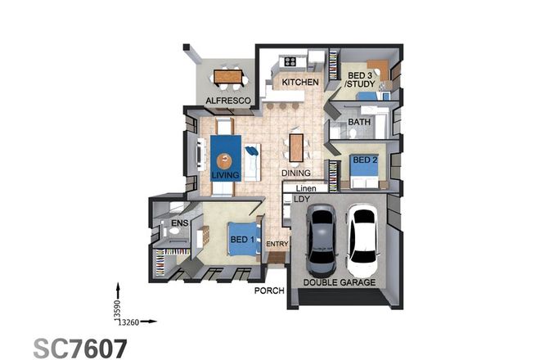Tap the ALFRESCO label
pyautogui.click(x=227, y=101)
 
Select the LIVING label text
pyautogui.click(x=225, y=175)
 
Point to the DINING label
pyautogui.click(x=295, y=173)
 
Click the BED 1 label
pyautogui.click(x=243, y=240)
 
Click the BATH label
pyautogui.click(x=359, y=123)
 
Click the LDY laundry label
pyautogui.click(x=302, y=199)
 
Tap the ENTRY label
pyautogui.click(x=277, y=244)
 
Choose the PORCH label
pyautogui.click(x=268, y=290)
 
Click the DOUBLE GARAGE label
pyautogui.click(x=340, y=282)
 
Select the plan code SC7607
pyautogui.click(x=80, y=347)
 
